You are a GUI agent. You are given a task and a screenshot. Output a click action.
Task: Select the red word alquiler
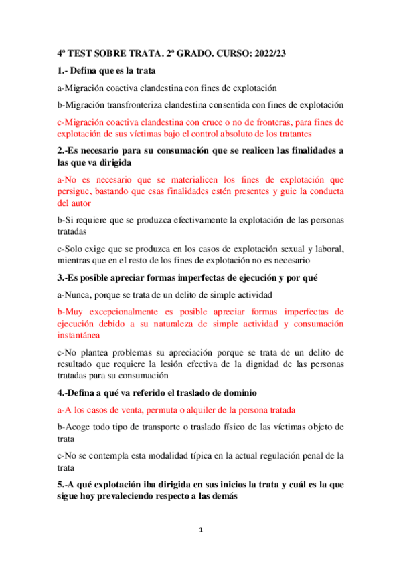[x=216, y=409]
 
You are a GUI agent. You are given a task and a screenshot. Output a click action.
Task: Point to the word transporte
[x=161, y=427]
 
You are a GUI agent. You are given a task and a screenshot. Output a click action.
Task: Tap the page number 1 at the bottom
[x=201, y=530]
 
